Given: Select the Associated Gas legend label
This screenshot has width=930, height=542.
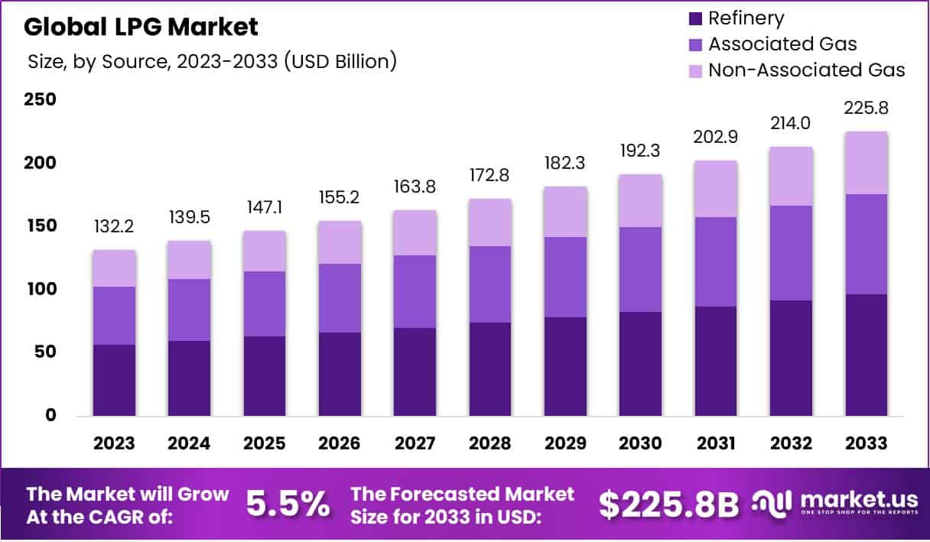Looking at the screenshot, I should pyautogui.click(x=782, y=44).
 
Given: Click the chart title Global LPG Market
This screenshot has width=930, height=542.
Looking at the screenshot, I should pyautogui.click(x=141, y=27).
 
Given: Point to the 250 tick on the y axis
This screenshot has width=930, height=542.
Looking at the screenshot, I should pyautogui.click(x=40, y=100).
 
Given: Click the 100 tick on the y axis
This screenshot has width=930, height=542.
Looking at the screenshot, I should pyautogui.click(x=40, y=289).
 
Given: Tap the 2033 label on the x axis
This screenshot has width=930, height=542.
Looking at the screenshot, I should pyautogui.click(x=867, y=443).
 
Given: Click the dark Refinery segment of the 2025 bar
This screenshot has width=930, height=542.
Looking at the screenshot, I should pyautogui.click(x=265, y=376).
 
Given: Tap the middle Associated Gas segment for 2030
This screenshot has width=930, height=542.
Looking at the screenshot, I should pyautogui.click(x=640, y=269).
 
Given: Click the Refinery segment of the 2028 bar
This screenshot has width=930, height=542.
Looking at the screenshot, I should pyautogui.click(x=490, y=369).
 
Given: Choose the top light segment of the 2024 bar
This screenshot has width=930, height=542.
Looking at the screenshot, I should pyautogui.click(x=190, y=260).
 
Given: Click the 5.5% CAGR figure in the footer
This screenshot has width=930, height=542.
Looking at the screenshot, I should pyautogui.click(x=288, y=504).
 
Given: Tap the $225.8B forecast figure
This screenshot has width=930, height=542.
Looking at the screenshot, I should pyautogui.click(x=668, y=504).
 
